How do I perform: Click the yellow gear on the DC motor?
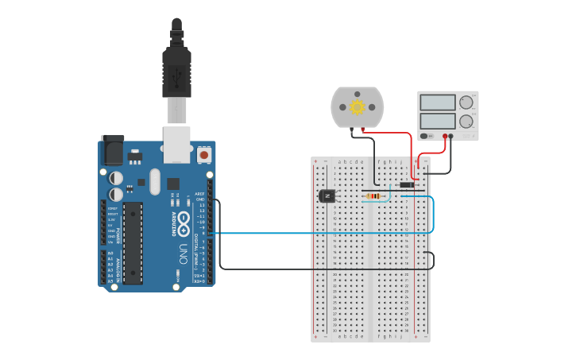358,106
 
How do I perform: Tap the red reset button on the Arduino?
204,155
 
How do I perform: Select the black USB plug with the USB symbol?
176,72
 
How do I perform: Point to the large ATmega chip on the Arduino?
133,242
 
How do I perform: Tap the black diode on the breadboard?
406,184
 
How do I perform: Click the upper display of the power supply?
437,103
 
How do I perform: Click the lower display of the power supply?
437,121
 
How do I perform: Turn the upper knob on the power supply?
466,102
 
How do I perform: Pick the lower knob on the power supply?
466,121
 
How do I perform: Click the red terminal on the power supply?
444,136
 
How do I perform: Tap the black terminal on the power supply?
451,136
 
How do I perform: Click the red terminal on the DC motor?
363,127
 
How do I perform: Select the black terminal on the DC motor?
352,127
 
